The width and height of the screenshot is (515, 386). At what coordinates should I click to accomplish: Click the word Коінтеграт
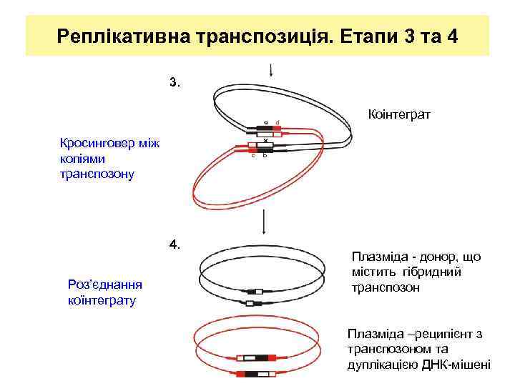coord(398,114)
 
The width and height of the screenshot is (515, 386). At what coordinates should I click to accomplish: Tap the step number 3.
coord(175,82)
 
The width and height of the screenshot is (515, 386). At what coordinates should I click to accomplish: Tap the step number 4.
coord(175,244)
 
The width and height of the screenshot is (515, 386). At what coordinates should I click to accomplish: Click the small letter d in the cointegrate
coord(277,122)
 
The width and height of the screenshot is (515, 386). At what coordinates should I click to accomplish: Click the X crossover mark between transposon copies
coord(265,142)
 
